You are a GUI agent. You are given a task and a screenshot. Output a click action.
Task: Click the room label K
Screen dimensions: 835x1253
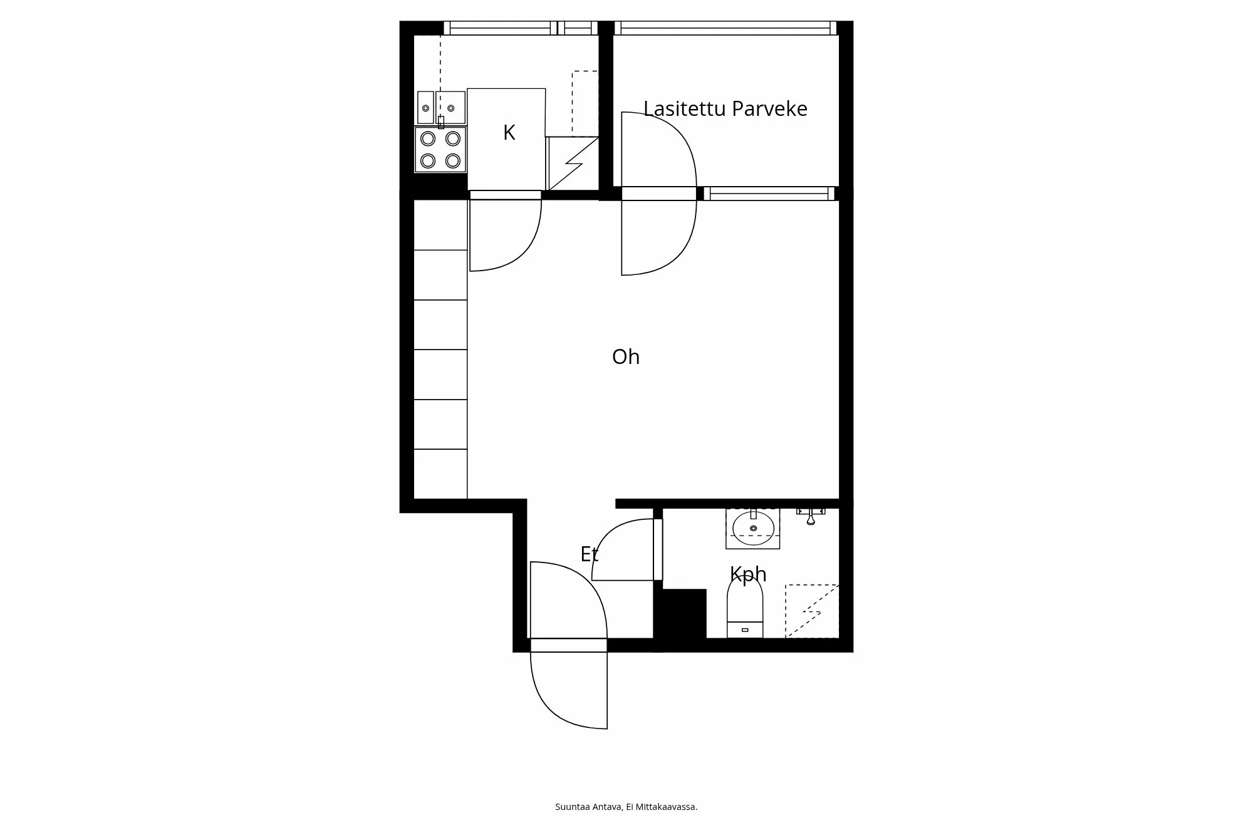tap(509, 133)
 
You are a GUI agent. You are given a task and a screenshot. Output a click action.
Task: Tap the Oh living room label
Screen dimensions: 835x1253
tap(625, 357)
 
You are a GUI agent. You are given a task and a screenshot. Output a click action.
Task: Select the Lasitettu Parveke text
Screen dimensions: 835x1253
tap(725, 109)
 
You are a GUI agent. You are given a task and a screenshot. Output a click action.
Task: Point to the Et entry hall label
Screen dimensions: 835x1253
tap(589, 554)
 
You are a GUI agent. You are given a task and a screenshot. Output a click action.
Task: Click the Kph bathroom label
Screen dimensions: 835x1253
tap(748, 574)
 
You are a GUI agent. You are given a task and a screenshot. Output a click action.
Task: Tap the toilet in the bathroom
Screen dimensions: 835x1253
tap(745, 608)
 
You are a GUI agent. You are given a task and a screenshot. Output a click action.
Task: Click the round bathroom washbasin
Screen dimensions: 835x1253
tap(753, 527)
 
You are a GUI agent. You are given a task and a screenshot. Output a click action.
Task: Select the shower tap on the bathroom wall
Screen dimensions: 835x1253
tap(810, 516)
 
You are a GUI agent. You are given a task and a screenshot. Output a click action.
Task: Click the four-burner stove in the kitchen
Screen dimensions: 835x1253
tap(440, 150)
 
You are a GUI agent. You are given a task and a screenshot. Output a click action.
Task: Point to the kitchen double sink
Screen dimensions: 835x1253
tap(441, 108)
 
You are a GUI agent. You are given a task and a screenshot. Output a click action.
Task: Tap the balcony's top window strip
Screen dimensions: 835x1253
tap(725, 28)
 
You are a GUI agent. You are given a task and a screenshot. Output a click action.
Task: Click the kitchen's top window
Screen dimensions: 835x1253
tap(520, 28)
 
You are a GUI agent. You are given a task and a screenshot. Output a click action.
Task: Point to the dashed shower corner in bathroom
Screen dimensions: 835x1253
tap(812, 611)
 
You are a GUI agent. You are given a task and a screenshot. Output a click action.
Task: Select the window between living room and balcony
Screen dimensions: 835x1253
tap(769, 194)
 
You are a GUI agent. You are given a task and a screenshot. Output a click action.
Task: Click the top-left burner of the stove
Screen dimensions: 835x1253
tap(428, 138)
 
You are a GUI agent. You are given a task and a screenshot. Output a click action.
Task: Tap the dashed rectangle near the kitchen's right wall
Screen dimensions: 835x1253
tap(584, 103)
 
